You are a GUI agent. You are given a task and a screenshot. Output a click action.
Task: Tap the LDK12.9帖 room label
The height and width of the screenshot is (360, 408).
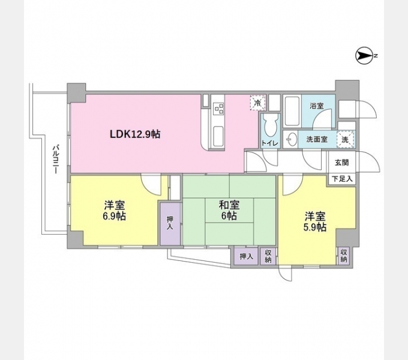(134, 134)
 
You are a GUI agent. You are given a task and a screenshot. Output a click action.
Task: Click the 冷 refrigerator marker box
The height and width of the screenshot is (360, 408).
(257, 103)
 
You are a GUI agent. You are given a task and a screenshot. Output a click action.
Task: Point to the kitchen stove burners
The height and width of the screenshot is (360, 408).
(219, 109)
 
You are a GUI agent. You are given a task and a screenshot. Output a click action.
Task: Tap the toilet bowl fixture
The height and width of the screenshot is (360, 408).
(268, 125)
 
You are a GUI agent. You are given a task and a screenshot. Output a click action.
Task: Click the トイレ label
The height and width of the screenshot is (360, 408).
(268, 143)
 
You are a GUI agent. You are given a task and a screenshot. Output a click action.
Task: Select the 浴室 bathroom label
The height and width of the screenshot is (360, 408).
(316, 106)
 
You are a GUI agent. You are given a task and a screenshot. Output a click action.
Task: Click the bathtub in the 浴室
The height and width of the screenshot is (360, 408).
(292, 111)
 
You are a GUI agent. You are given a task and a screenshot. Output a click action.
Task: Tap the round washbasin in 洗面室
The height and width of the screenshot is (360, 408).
(292, 140)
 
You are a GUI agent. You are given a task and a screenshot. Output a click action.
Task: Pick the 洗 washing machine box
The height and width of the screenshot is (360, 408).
(345, 139)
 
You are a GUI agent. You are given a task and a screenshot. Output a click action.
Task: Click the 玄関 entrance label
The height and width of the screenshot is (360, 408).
(341, 162)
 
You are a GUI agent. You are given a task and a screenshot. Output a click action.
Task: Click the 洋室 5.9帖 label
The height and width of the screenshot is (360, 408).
(314, 222)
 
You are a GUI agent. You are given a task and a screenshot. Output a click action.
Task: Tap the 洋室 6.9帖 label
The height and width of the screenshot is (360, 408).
(113, 210)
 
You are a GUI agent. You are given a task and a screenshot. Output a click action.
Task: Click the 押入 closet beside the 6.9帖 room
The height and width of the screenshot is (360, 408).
(169, 223)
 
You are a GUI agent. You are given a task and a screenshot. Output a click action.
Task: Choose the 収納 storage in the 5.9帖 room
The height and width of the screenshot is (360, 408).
(344, 256)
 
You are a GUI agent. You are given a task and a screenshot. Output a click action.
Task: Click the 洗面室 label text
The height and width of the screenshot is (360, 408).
(317, 139)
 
